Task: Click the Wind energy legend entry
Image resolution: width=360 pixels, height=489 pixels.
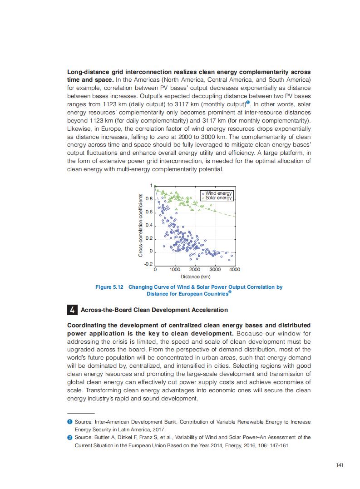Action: (218, 193)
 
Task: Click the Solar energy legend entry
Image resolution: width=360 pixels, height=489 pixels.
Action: (218, 198)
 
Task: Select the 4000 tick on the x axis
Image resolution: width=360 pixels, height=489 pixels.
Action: (235, 270)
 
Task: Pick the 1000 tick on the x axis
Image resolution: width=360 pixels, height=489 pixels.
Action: (175, 270)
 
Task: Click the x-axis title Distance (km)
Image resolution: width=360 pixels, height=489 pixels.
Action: (195, 277)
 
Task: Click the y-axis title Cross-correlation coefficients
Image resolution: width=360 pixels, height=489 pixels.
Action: (140, 226)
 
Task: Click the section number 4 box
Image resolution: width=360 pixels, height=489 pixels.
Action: (72, 310)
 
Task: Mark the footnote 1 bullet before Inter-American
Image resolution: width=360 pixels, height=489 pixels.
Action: (69, 422)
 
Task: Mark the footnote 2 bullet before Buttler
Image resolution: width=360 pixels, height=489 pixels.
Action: (69, 437)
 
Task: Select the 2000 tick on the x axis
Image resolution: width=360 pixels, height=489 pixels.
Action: (195, 270)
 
